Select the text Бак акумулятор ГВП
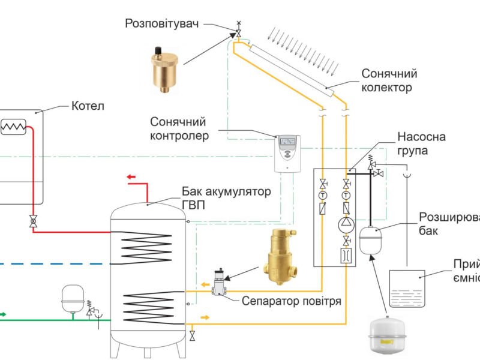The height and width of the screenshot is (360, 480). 226,198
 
